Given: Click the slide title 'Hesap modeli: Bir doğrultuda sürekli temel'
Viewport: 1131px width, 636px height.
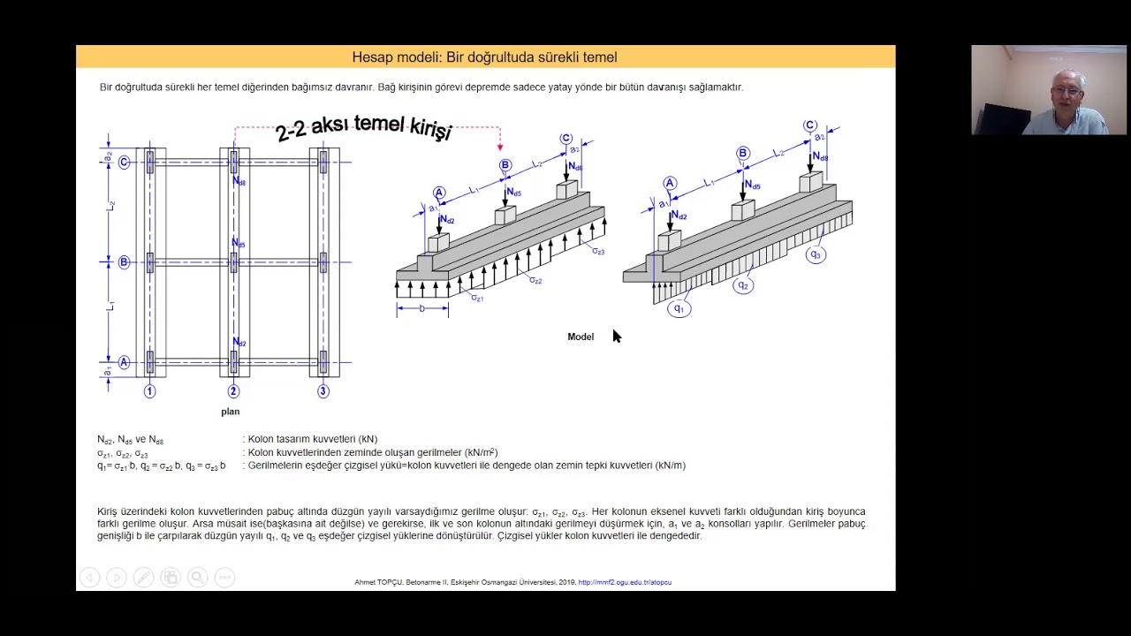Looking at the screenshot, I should point(484,57).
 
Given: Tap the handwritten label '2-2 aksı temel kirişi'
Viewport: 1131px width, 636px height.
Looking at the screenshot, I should point(363,129).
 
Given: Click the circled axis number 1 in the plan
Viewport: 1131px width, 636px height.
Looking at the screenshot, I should point(150,391).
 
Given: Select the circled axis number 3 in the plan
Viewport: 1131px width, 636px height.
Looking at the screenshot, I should point(323,391).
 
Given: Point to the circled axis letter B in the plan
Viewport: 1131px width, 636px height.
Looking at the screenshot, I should point(124,262).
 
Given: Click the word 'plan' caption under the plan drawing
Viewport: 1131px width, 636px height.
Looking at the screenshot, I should point(230,412).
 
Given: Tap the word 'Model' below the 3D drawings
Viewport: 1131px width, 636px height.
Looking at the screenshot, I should point(581,337).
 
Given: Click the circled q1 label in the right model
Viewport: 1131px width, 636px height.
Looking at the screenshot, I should point(679,308).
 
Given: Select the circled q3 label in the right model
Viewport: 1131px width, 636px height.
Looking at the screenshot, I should point(816,254).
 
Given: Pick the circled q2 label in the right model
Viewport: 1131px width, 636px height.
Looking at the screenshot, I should point(743,285).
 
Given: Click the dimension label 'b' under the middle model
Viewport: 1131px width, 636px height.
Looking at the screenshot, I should point(422,308).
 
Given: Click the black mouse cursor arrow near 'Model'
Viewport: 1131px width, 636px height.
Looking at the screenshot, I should point(616,335).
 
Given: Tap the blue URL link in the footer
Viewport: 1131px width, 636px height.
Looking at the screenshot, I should point(625,582).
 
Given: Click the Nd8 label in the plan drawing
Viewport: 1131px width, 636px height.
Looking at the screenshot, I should point(239,182).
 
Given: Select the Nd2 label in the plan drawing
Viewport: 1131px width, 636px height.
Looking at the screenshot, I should point(239,343).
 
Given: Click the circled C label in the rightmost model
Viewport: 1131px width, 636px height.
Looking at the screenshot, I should point(810,126).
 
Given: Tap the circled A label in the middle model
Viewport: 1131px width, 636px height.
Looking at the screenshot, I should point(439,193).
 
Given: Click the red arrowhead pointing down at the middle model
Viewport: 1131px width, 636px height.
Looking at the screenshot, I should point(500,147).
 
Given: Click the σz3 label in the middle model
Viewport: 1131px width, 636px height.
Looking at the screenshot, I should point(598,252).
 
